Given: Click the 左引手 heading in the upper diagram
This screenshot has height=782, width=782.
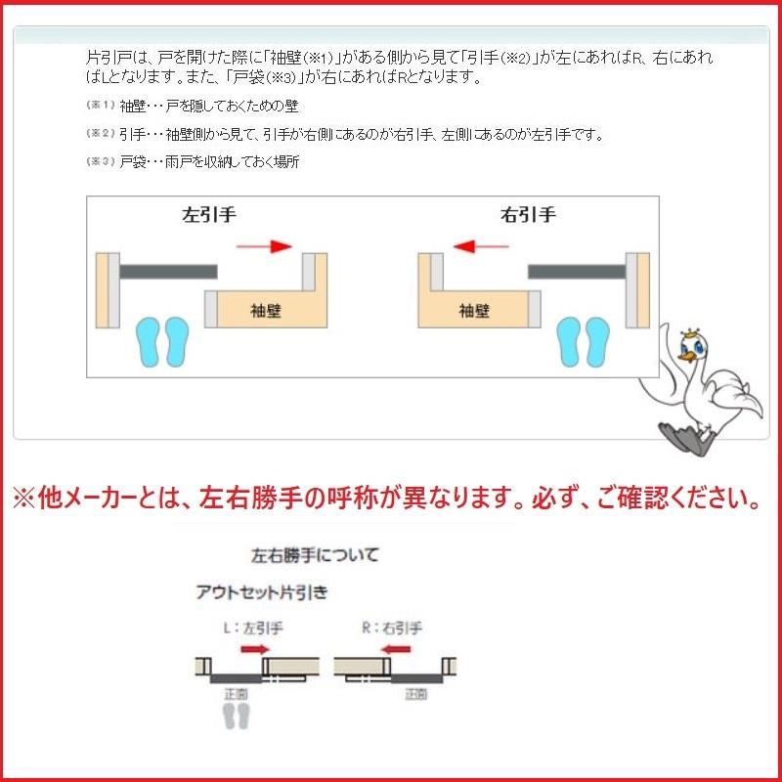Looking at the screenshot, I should [208, 215].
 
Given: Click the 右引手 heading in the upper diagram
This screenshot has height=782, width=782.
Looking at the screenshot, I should [528, 215].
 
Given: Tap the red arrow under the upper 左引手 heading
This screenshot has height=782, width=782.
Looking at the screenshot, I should [264, 247].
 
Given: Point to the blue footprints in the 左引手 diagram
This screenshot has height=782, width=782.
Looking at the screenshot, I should [162, 341].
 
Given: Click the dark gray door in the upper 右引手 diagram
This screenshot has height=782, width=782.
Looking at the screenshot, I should [577, 268].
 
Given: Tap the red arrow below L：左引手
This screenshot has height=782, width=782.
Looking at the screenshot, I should [255, 648].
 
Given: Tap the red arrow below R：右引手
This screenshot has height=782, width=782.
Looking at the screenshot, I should [396, 648].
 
